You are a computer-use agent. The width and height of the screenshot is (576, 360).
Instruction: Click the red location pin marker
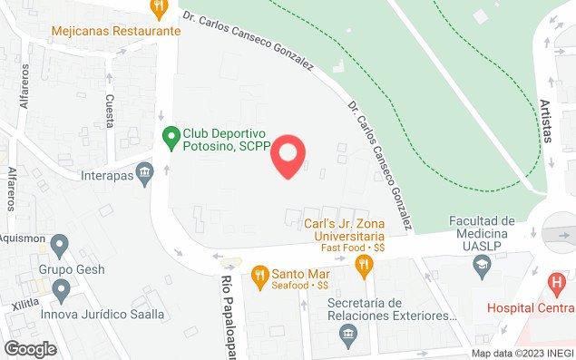click(288, 155)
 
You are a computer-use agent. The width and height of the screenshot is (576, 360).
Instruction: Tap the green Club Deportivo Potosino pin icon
click(169, 137)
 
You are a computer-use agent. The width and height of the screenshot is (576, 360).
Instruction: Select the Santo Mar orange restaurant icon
click(259, 273)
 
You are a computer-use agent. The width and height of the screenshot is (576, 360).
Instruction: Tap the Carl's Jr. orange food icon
click(365, 264)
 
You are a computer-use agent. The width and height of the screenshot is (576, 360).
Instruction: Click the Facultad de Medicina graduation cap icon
click(483, 265)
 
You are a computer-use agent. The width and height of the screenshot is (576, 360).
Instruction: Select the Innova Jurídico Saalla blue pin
click(61, 292)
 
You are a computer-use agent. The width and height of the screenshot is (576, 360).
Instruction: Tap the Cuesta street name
click(109, 112)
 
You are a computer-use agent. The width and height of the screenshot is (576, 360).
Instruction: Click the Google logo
click(30, 348)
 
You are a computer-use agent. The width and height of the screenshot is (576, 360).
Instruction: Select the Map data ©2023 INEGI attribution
click(521, 353)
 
